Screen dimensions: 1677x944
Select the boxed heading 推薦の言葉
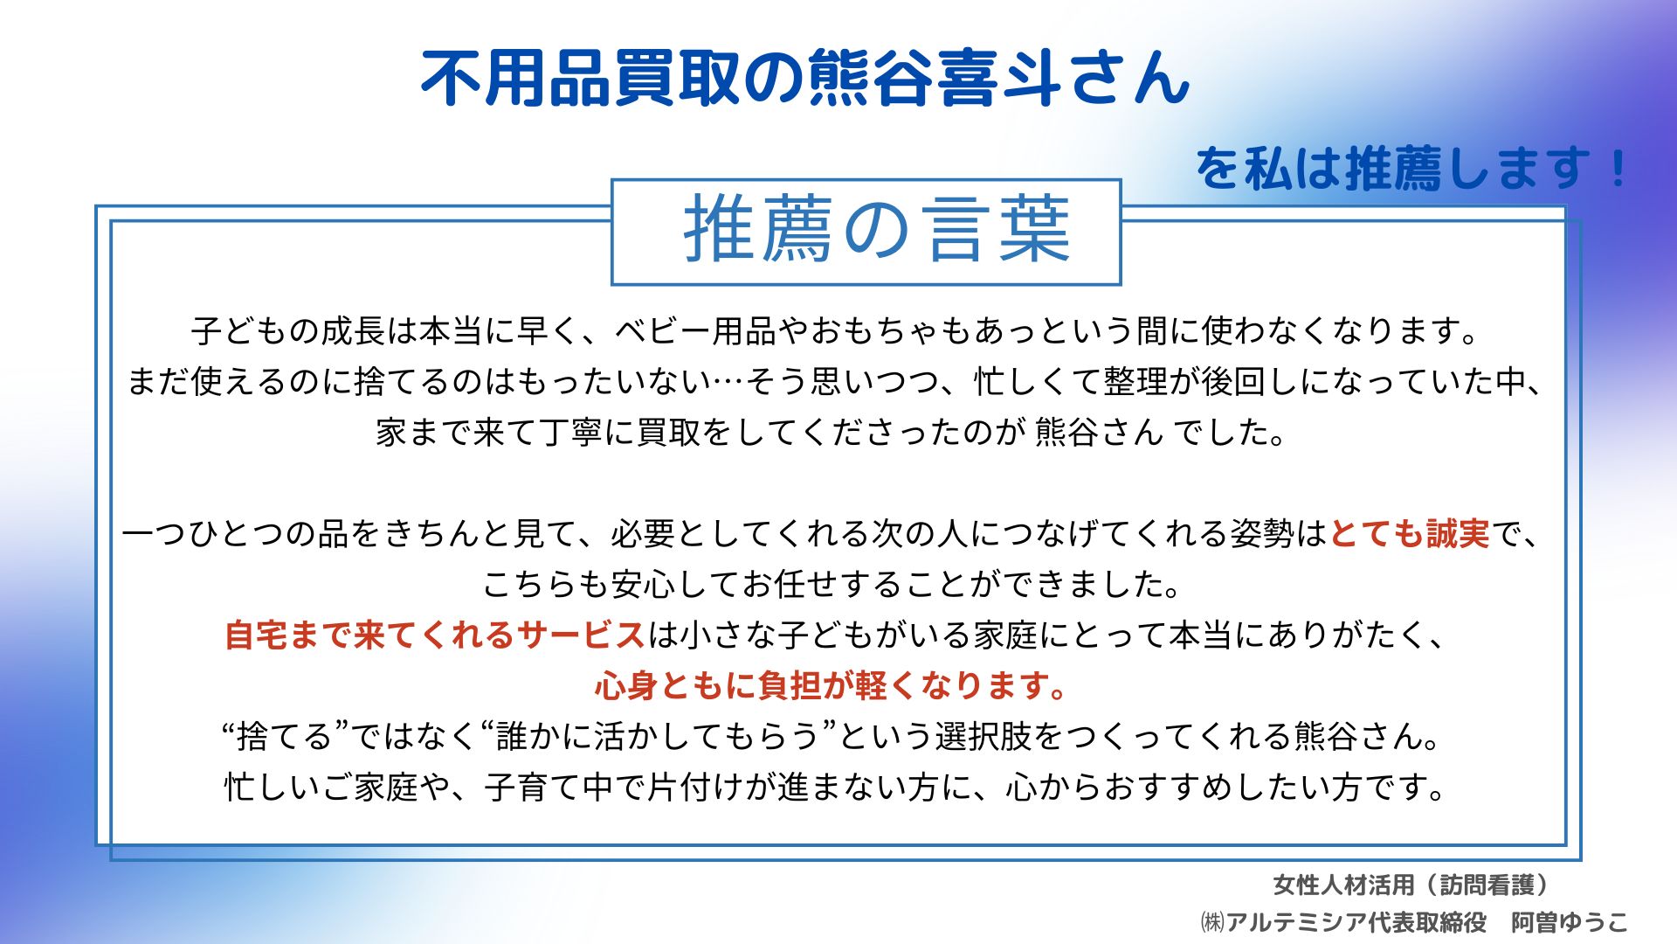click(x=877, y=231)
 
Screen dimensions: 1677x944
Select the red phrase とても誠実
click(x=1410, y=534)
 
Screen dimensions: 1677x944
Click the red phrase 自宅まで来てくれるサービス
click(x=435, y=635)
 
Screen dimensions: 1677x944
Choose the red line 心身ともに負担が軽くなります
click(x=831, y=686)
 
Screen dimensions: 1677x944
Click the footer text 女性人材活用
click(x=1343, y=885)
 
